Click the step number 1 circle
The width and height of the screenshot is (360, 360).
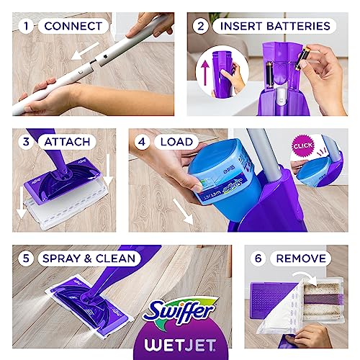pyautogui.click(x=26, y=26)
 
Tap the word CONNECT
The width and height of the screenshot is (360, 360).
pyautogui.click(x=72, y=26)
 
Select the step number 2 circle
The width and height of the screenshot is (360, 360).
pyautogui.click(x=202, y=26)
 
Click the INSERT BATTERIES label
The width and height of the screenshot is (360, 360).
pyautogui.click(x=275, y=26)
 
